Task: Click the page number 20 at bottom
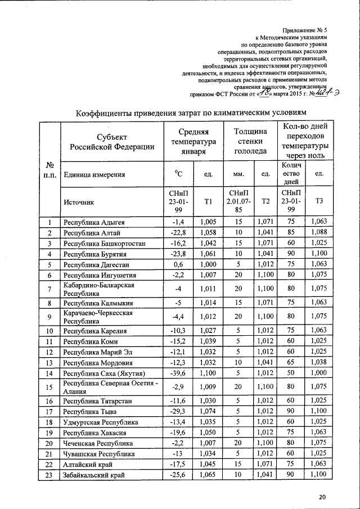322,497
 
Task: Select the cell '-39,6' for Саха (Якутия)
178,373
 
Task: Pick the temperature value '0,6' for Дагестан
178,264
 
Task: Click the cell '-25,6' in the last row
178,475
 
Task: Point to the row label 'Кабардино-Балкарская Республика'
98,289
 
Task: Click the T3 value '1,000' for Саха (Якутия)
319,373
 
